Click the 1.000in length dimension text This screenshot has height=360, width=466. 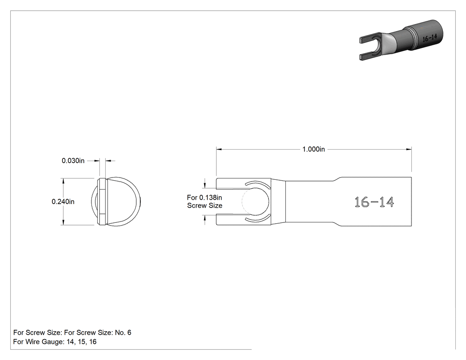[313, 149]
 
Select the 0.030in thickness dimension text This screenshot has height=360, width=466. [73, 161]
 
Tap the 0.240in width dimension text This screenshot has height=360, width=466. [63, 202]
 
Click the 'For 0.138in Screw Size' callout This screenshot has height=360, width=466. [205, 202]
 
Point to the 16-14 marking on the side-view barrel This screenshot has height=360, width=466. [375, 202]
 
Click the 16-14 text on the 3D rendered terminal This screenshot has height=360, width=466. [430, 38]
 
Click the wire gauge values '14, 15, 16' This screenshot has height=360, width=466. [81, 342]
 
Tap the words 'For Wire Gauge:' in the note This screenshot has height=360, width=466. [39, 342]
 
